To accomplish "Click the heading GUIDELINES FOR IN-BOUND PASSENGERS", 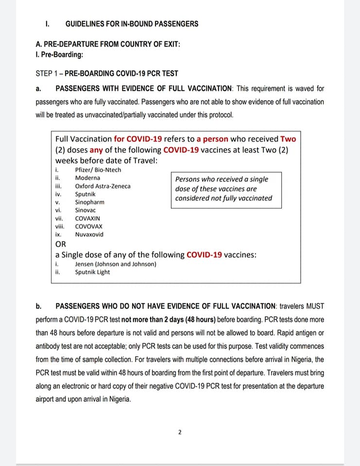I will click(x=132, y=23).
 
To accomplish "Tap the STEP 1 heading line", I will click(x=107, y=74).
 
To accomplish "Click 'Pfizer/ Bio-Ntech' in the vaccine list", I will click(x=98, y=170).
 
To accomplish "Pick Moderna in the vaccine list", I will click(x=87, y=178).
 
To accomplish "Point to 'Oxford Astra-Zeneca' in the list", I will click(x=103, y=186).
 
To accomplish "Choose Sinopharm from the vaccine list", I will click(x=89, y=202).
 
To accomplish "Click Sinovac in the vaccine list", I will click(x=86, y=210).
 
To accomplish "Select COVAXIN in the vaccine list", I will click(x=87, y=218).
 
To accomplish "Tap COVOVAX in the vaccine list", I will click(x=89, y=226).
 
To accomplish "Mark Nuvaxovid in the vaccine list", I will click(x=89, y=234).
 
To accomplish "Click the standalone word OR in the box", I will click(x=61, y=244).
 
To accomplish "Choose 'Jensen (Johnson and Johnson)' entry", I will click(x=116, y=264).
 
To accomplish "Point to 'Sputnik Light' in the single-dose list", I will click(x=92, y=272).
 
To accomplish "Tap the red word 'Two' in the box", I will click(x=288, y=139).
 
